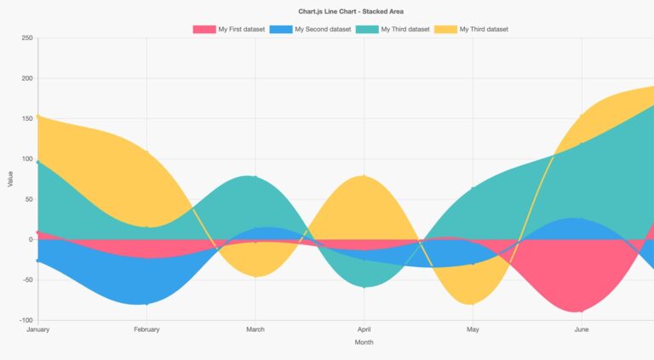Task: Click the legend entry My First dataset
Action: tap(240, 29)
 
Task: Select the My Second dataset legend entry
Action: tap(322, 29)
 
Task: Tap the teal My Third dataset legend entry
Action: tap(404, 29)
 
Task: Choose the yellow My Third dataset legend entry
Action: tap(483, 29)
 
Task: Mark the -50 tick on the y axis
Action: tap(26, 280)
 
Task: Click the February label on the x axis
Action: tap(146, 329)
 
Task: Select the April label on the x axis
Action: tap(364, 329)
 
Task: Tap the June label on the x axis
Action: tap(582, 329)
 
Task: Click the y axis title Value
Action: tap(10, 180)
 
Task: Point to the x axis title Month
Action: tap(364, 343)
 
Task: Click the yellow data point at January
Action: tap(38, 116)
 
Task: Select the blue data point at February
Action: tap(146, 304)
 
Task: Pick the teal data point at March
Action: tap(255, 177)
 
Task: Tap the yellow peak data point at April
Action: tap(364, 176)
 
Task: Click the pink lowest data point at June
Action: tap(582, 311)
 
